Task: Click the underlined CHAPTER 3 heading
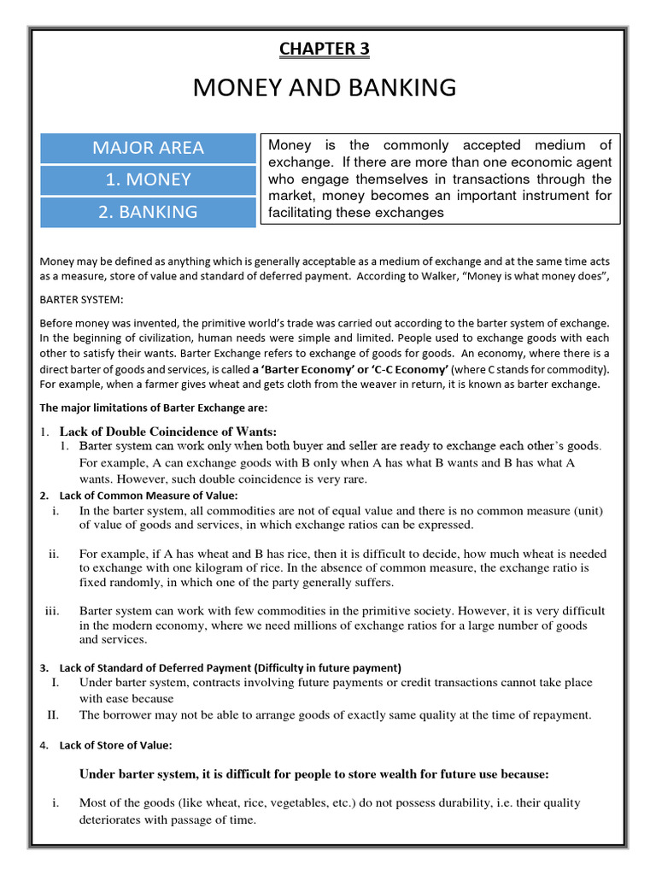coord(325,49)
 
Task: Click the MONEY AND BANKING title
coord(325,87)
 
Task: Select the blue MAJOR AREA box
coord(148,148)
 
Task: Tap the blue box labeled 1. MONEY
coord(148,179)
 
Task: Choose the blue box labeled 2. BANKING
coord(148,212)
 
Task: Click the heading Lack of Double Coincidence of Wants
coord(167,431)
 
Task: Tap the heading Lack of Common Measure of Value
coord(148,496)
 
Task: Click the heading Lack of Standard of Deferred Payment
coord(230,667)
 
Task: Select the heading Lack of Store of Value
coord(115,745)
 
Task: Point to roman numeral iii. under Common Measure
coord(52,611)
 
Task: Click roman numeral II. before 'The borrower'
coord(52,714)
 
